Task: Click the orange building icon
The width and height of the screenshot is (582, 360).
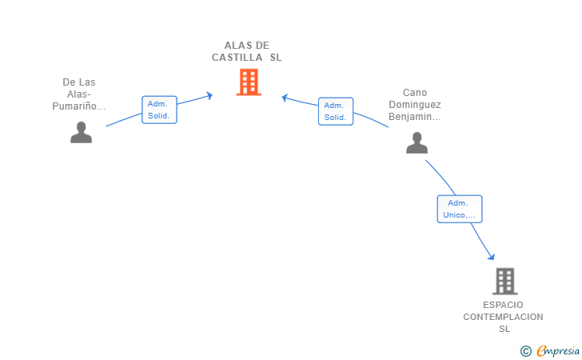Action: (x=249, y=82)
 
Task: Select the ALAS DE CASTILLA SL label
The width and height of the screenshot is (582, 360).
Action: (x=246, y=51)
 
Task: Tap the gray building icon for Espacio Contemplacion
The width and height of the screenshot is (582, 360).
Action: (x=504, y=282)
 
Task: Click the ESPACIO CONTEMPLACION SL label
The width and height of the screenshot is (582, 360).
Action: (x=503, y=317)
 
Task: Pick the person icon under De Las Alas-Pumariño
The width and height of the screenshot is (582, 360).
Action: (x=81, y=132)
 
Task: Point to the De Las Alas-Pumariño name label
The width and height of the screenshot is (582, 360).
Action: (x=79, y=94)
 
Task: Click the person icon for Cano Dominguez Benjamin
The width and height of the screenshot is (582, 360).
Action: (x=417, y=142)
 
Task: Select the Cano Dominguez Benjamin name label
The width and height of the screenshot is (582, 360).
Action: (x=415, y=104)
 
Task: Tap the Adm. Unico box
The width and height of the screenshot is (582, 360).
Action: (x=460, y=209)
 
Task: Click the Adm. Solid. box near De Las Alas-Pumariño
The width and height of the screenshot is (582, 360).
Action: (x=159, y=110)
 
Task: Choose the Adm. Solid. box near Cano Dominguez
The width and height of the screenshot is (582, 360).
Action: (x=336, y=111)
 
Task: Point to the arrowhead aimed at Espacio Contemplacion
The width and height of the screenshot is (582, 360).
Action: (x=492, y=256)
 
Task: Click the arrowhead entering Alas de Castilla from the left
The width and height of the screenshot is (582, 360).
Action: (x=209, y=96)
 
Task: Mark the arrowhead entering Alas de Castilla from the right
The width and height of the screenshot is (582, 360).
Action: (x=285, y=98)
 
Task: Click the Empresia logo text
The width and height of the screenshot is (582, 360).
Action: (x=558, y=350)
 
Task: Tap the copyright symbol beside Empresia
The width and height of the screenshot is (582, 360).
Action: (x=525, y=351)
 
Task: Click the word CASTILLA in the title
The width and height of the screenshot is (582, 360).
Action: (x=237, y=58)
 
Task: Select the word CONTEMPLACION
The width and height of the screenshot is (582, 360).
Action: (x=503, y=317)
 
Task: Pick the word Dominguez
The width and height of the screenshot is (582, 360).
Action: (x=415, y=104)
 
